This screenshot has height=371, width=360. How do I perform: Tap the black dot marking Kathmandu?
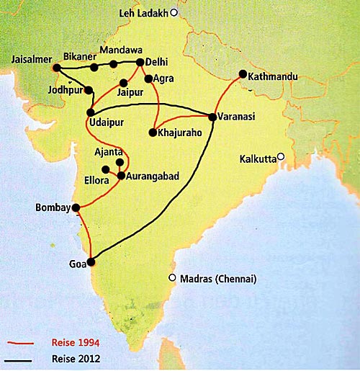243,74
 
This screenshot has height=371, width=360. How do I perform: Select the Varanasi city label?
241,117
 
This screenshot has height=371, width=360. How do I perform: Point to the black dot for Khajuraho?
153,133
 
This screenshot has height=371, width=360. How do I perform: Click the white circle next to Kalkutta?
282,157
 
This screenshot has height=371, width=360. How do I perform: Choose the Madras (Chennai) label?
217,279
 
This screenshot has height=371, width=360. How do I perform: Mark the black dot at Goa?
91,262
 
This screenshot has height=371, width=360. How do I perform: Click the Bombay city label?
53,208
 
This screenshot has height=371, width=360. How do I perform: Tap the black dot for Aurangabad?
121,175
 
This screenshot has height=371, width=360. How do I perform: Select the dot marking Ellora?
106,169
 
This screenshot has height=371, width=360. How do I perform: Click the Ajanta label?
110,152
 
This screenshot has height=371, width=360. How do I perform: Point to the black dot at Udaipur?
90,112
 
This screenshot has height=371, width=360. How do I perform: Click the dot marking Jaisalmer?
55,68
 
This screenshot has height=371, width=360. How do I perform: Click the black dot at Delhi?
140,62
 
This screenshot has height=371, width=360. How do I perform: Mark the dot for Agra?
149,79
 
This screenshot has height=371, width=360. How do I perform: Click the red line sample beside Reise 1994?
21,344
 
